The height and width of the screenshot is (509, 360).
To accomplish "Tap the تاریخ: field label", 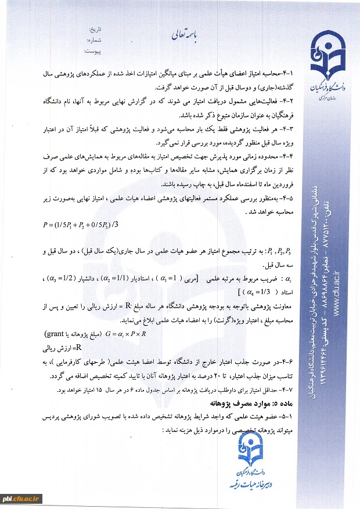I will (x=95, y=29).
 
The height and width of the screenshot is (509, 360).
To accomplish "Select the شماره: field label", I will (x=95, y=40).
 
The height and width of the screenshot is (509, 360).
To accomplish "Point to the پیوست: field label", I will (x=93, y=51).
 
